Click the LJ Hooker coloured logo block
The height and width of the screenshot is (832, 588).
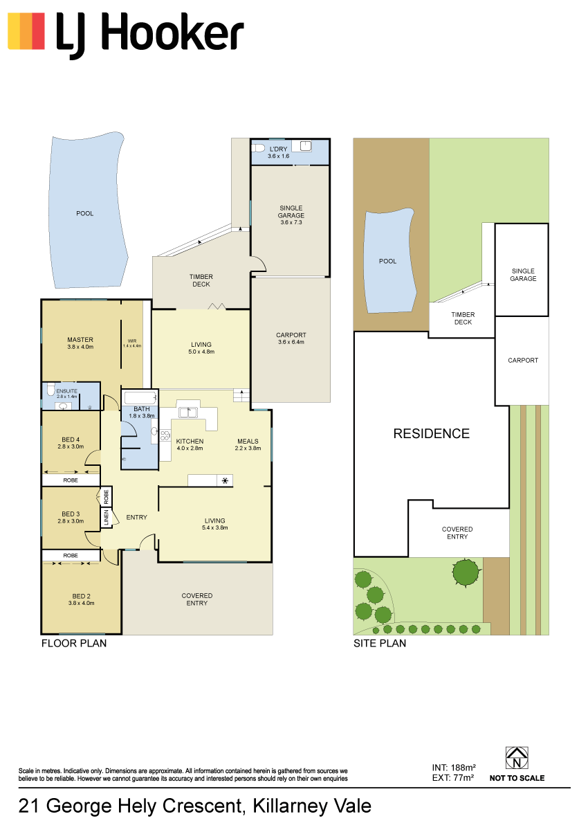26,31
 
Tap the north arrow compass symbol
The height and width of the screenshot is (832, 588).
517,758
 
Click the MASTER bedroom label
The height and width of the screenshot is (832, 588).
80,339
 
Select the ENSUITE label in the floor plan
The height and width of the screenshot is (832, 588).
67,391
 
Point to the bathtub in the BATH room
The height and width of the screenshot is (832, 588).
140,398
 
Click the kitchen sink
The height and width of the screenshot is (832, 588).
187,413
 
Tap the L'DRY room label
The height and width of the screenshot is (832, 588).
278,149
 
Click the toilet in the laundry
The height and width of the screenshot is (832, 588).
257,148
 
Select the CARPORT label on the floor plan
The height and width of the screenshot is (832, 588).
291,335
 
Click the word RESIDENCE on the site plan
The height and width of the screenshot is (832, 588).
432,433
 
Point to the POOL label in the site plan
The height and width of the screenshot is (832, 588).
387,261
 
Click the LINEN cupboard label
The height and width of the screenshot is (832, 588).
106,517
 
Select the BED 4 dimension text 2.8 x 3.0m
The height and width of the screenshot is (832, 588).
71,446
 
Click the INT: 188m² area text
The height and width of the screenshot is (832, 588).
454,768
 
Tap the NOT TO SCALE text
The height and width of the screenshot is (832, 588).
517,778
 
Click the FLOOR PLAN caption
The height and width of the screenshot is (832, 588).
74,643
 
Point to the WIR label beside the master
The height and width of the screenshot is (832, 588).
131,341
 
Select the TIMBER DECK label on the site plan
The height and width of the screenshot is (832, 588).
463,318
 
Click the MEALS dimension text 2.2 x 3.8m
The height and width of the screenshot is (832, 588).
248,449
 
